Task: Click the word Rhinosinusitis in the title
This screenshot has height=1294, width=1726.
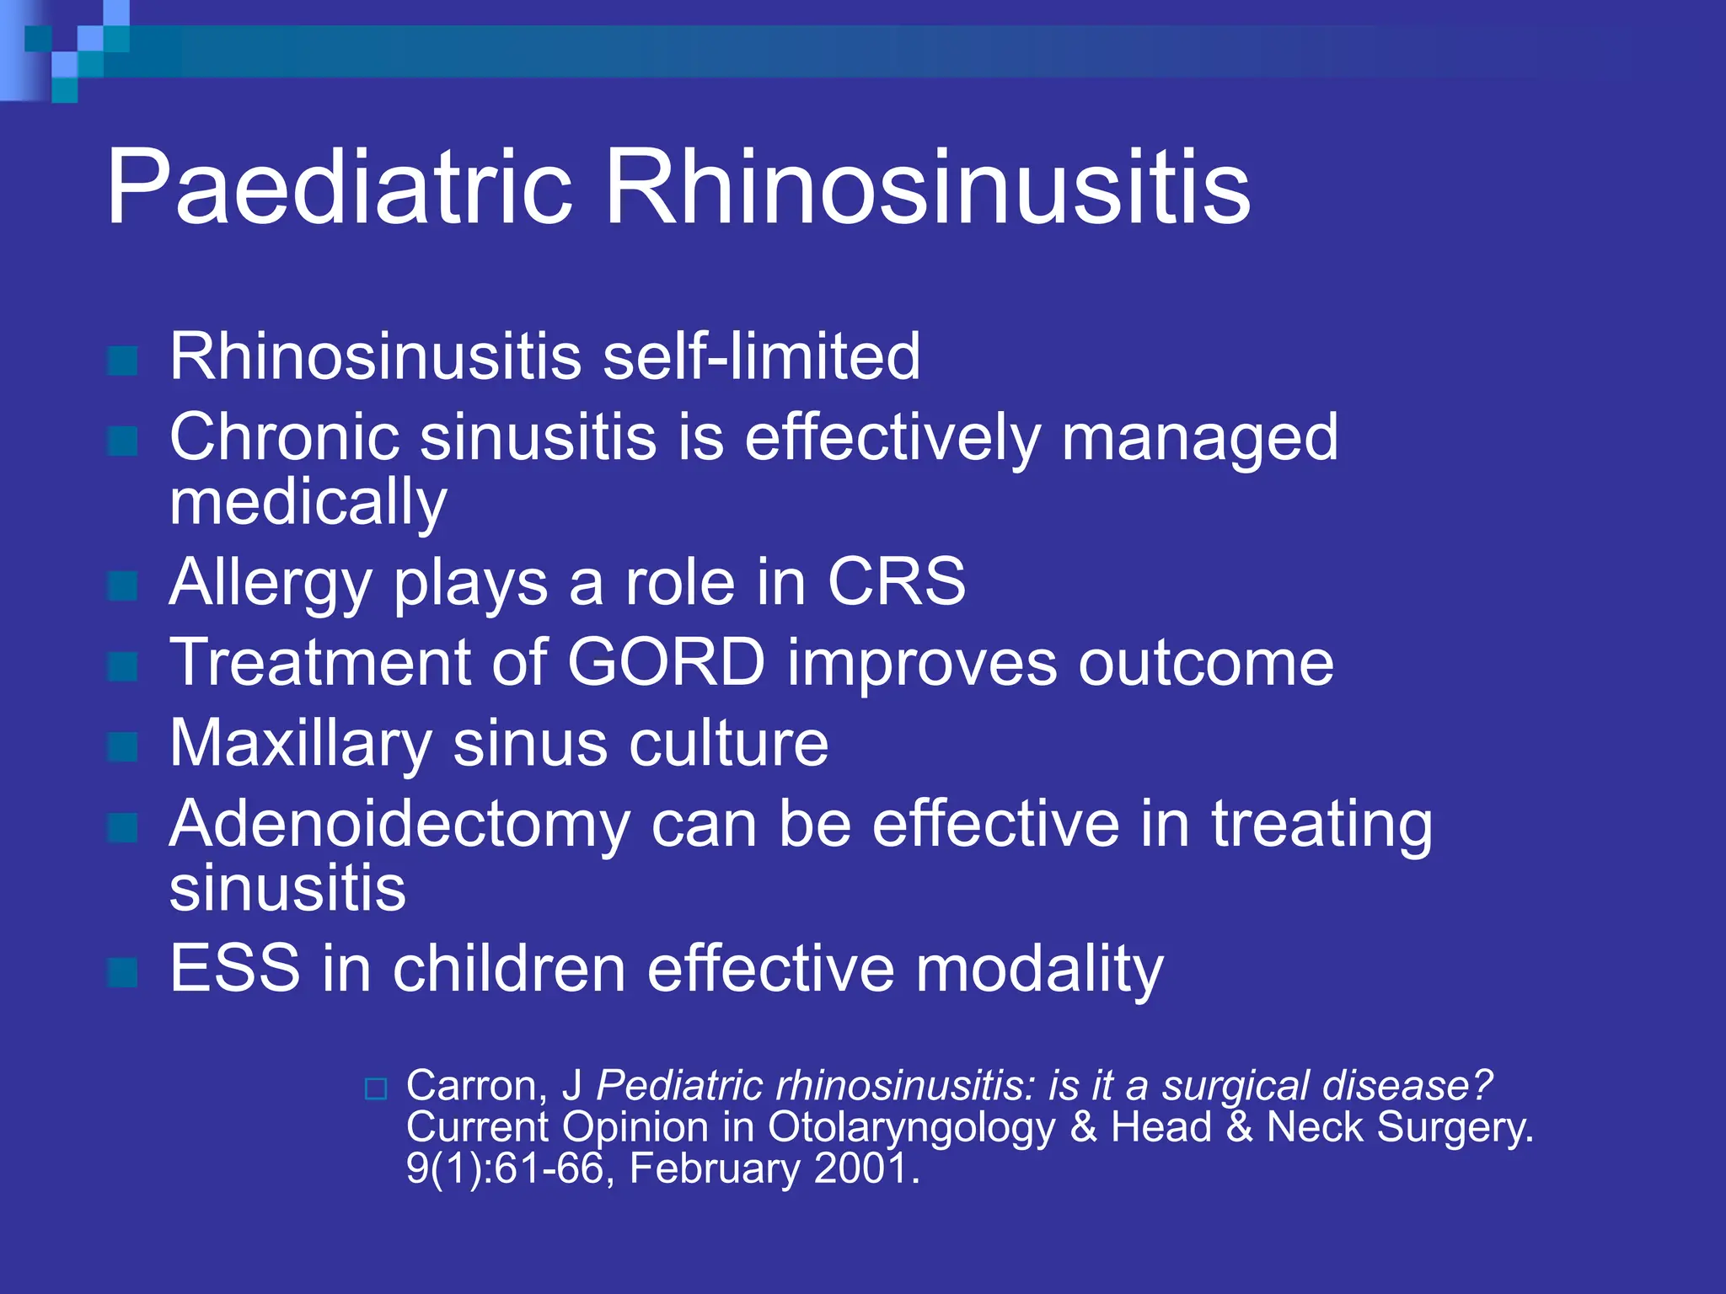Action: [x=927, y=187]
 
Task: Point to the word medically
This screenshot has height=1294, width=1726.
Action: [x=308, y=503]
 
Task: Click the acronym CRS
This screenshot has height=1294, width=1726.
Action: [x=896, y=581]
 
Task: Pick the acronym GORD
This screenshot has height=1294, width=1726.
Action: [x=666, y=662]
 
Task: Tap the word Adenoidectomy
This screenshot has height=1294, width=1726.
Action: [x=399, y=825]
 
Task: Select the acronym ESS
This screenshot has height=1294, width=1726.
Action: [x=234, y=968]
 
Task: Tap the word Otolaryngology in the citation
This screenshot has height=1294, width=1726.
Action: [x=911, y=1128]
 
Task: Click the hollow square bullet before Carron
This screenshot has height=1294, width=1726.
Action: [x=376, y=1089]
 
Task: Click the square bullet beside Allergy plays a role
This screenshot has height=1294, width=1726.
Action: [x=123, y=586]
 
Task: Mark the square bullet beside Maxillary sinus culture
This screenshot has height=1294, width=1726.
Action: [x=123, y=746]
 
